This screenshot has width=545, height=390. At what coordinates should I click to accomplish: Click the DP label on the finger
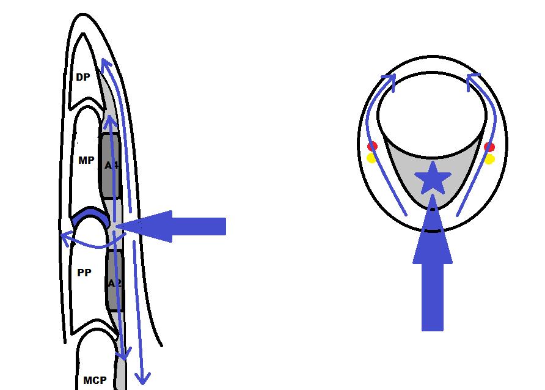82,78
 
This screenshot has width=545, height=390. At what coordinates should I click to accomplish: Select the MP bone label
86,161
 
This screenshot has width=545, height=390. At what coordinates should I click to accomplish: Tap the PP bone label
84,273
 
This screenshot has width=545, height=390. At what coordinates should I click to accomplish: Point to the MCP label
95,380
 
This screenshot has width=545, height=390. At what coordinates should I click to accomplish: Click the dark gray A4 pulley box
111,165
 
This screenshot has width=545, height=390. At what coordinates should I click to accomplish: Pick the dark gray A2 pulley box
114,282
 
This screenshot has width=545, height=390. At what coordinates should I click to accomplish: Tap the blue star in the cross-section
433,179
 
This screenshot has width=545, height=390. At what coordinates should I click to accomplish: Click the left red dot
372,146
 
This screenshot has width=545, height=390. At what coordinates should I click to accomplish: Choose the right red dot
489,147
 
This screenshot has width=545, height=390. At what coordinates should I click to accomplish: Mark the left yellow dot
371,158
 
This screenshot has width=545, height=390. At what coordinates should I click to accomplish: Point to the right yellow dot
489,159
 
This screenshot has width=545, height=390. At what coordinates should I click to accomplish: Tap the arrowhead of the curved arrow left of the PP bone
64,236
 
